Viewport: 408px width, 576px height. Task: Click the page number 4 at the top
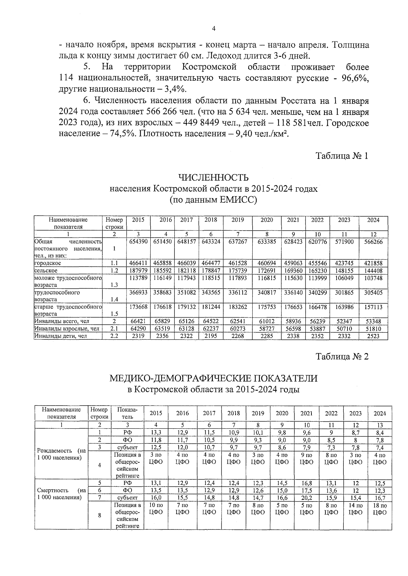point(214,29)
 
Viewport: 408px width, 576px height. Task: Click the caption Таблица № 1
point(342,156)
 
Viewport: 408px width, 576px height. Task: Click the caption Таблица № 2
point(342,356)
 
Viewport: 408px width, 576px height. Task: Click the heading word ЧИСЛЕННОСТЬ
point(213,177)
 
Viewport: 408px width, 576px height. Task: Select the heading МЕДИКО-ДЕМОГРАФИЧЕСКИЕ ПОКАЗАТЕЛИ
point(213,378)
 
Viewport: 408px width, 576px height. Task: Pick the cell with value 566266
point(373,241)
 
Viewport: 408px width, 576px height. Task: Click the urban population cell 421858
point(373,263)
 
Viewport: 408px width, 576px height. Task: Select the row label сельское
point(46,271)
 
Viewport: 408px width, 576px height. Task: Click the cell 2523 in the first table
point(373,336)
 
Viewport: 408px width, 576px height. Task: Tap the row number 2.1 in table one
point(114,329)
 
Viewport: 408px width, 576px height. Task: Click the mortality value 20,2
point(306,498)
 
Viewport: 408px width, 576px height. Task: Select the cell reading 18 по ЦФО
point(380,509)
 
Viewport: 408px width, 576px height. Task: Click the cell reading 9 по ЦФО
point(306,458)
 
